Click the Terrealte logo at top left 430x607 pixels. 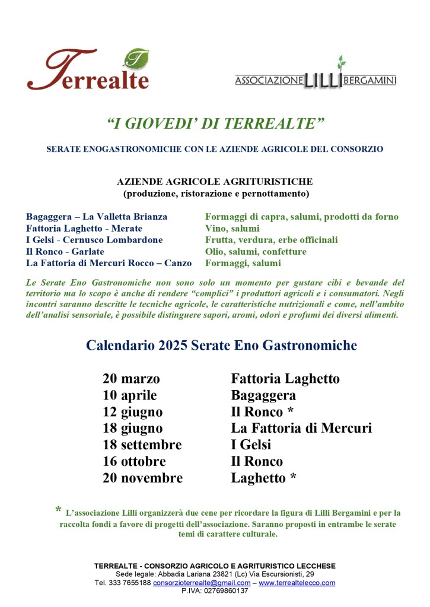88,70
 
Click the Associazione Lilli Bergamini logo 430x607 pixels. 315,76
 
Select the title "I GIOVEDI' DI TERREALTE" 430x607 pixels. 215,123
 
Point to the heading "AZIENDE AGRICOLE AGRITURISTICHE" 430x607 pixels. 215,181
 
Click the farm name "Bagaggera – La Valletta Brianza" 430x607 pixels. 97,217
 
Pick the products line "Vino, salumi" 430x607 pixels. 232,228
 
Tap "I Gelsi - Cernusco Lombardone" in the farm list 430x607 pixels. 94,240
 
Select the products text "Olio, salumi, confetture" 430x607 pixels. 256,251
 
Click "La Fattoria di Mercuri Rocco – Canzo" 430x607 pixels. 109,263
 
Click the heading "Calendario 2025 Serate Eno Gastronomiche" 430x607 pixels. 222,345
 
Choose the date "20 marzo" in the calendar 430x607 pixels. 131,379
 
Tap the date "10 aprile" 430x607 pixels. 130,395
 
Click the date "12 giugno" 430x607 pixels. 132,412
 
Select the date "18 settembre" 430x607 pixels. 142,445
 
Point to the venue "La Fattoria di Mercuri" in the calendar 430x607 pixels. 301,428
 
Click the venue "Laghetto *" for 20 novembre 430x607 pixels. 263,478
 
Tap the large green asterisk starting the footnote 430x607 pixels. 58,510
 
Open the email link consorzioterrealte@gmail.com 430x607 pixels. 202,583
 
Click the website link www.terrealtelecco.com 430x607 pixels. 297,583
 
